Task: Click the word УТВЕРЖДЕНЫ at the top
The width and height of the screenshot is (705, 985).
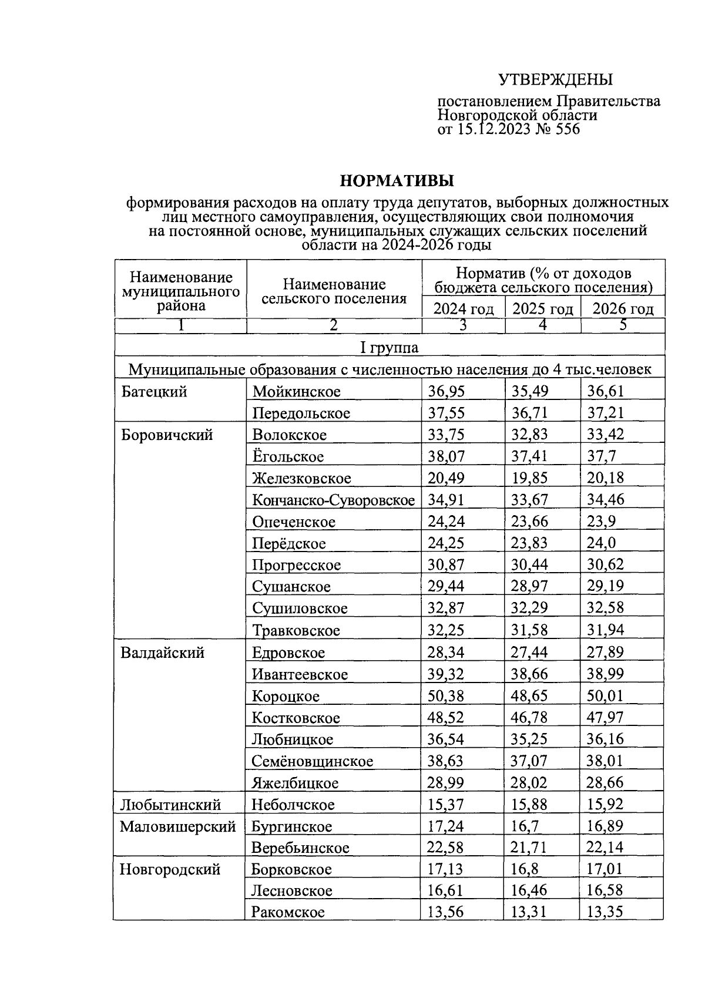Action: (x=555, y=79)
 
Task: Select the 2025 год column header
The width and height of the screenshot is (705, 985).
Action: (x=542, y=309)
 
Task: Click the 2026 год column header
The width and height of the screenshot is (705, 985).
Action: (x=623, y=309)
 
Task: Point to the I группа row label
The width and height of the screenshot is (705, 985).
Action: (x=390, y=348)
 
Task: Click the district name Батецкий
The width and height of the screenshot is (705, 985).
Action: (x=154, y=391)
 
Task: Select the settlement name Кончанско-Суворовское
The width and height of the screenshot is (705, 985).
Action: (x=333, y=500)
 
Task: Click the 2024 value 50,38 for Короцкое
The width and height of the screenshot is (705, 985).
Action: (x=445, y=696)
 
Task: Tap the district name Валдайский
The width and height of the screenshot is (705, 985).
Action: (x=162, y=653)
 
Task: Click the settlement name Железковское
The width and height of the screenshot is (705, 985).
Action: (x=301, y=479)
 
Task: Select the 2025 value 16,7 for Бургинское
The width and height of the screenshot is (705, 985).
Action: (x=522, y=826)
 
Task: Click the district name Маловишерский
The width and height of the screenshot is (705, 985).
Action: (x=177, y=826)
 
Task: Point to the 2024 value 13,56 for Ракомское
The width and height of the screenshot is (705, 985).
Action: (x=445, y=912)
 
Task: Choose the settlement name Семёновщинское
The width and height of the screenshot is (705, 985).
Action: (x=313, y=761)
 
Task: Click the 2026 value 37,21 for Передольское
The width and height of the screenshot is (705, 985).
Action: (x=605, y=412)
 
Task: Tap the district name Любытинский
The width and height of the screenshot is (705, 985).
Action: (x=170, y=805)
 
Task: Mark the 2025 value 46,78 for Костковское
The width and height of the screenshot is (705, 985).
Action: (x=529, y=718)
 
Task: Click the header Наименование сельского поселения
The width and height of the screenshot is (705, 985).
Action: (x=334, y=291)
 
